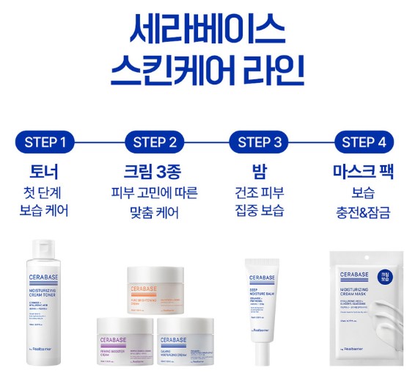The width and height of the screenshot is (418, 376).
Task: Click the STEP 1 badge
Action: [45, 142]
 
